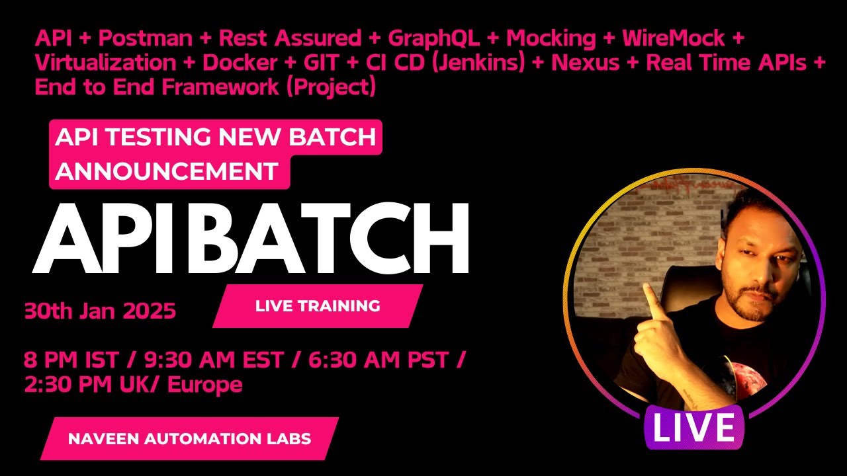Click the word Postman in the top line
(x=146, y=38)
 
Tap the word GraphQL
(x=434, y=39)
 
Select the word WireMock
(x=674, y=38)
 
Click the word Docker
(x=240, y=63)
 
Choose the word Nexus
(x=586, y=63)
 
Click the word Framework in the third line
(x=220, y=87)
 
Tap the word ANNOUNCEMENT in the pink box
(x=167, y=171)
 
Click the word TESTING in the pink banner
(x=158, y=137)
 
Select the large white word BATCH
(x=330, y=238)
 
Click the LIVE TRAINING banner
(x=318, y=306)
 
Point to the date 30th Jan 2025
(x=100, y=311)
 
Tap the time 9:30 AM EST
(x=214, y=360)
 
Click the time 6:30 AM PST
(x=379, y=360)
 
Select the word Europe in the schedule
(x=205, y=385)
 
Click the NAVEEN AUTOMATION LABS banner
(x=189, y=438)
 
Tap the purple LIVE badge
(x=694, y=427)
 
